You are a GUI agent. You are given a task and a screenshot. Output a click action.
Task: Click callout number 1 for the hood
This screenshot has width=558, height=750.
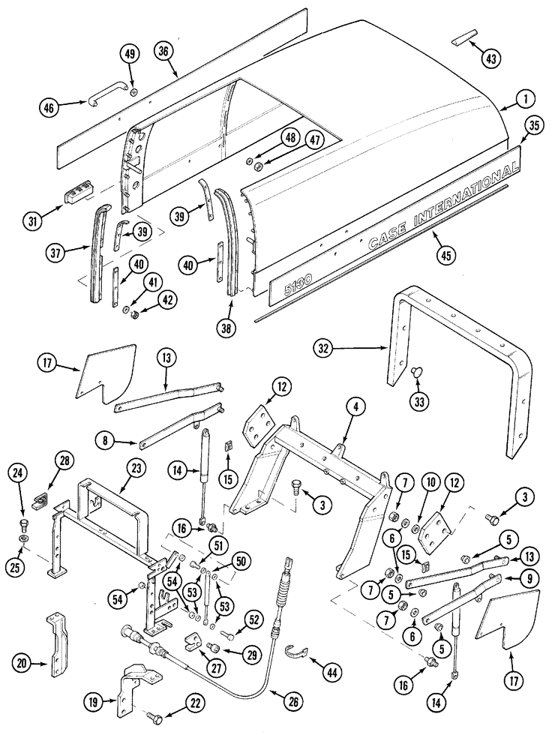525,97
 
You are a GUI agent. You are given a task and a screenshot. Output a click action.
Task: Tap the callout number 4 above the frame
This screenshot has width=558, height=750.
358,408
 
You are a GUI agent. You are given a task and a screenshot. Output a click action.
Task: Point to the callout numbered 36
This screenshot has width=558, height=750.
165,51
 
